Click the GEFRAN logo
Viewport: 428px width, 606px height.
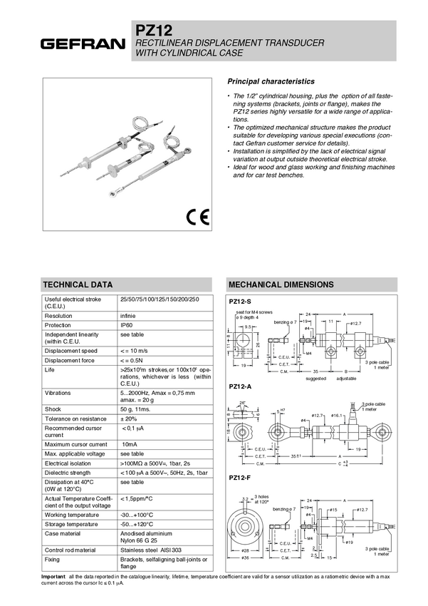pos(83,44)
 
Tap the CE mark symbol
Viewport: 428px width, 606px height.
pos(197,217)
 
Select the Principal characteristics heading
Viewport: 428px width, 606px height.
pos(270,82)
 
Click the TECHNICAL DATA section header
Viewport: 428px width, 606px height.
pos(77,283)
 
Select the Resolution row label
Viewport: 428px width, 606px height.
pos(58,314)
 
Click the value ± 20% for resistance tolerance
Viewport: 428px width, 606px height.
pos(129,419)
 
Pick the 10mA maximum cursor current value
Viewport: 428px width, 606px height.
pos(130,444)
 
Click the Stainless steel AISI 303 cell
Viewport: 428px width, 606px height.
pos(148,550)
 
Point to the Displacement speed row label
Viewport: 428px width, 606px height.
pos(71,350)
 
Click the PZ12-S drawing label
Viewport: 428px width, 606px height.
pos(239,302)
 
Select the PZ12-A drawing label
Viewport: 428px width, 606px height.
pos(239,386)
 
